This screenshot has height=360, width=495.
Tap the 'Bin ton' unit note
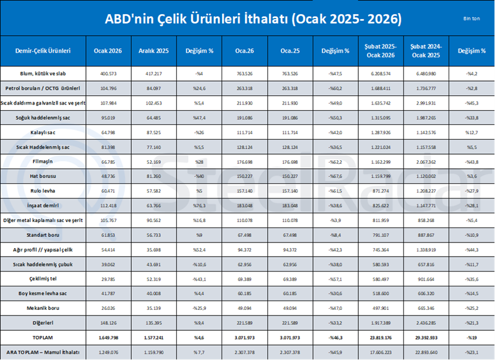point(472,19)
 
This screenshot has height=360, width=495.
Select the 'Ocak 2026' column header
point(108,50)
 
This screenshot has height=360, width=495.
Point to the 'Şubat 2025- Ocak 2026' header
point(380,50)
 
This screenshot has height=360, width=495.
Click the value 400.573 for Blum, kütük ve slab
point(108,73)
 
